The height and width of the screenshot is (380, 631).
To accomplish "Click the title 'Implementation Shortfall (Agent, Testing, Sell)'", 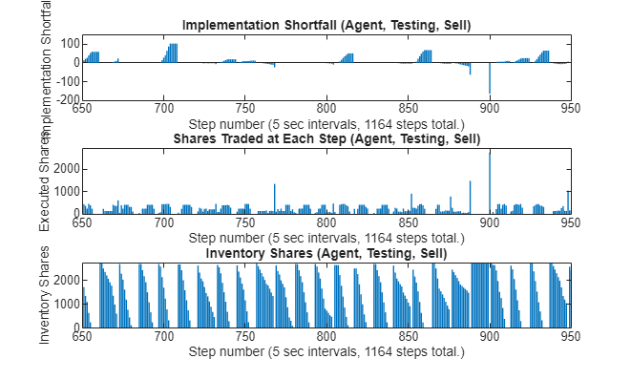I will (x=326, y=24).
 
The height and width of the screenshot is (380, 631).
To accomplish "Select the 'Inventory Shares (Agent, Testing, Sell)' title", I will (x=326, y=253).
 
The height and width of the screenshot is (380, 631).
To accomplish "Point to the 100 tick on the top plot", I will (x=69, y=43).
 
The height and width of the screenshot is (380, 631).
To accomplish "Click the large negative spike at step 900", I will (x=490, y=79).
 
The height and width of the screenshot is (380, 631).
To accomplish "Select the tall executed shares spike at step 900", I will (x=490, y=181).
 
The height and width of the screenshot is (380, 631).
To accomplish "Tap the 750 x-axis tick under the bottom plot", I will (x=245, y=337).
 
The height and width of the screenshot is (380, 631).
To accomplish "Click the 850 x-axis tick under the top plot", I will (x=409, y=109).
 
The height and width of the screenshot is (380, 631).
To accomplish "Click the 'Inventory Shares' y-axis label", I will (x=46, y=295).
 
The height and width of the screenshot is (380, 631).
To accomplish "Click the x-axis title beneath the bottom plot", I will (x=326, y=351).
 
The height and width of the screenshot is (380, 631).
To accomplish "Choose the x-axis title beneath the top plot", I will (x=326, y=123).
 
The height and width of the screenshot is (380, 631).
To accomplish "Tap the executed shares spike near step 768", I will (x=274, y=199).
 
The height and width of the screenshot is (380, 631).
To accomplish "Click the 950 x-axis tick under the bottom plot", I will (x=571, y=337).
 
